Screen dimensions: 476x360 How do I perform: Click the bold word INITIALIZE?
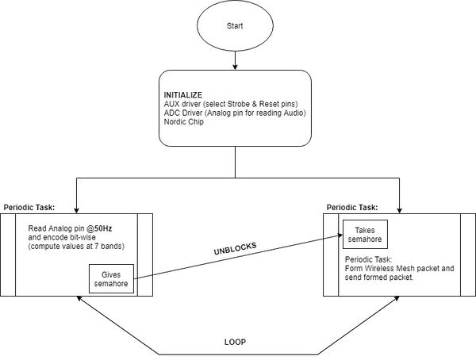click(183, 95)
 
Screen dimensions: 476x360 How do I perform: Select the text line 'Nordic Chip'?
click(184, 122)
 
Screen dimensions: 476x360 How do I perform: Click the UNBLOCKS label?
click(236, 248)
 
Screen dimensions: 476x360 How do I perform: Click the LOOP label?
click(235, 342)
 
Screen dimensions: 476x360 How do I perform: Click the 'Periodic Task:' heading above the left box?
click(29, 208)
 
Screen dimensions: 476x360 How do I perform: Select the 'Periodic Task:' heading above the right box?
click(352, 208)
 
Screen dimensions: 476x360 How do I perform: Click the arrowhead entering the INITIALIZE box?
click(235, 67)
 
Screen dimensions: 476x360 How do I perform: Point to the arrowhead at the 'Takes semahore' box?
click(340, 236)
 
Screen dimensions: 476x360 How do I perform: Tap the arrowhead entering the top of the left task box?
click(76, 210)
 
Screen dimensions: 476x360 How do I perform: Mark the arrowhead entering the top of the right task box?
click(400, 210)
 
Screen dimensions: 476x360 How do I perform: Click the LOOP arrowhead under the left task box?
click(79, 298)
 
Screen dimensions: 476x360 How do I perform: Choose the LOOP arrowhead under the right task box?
click(397, 298)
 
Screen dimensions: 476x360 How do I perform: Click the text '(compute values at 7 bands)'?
click(76, 246)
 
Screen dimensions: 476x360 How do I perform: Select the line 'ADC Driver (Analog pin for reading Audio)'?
click(235, 113)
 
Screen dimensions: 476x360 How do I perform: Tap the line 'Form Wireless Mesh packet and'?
click(400, 268)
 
